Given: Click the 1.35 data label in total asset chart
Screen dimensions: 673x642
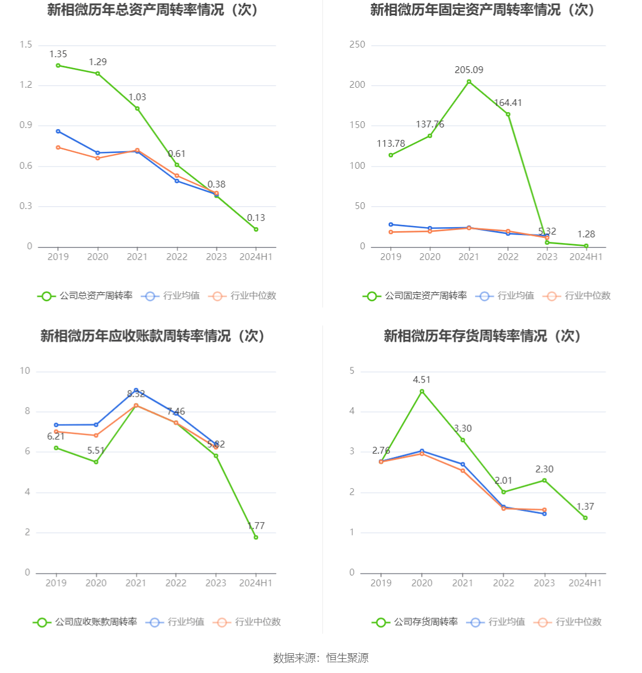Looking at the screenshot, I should [x=58, y=54].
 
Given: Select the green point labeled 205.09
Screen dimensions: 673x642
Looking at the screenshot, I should [x=469, y=82].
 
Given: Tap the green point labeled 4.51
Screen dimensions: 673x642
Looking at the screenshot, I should [x=422, y=391].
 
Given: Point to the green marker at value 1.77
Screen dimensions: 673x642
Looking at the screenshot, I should [x=256, y=537].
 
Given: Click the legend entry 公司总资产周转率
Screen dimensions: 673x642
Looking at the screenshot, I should [x=85, y=296].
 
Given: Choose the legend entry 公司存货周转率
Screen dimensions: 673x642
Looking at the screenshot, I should [x=416, y=622].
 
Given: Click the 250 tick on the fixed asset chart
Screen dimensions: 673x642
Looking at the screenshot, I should [x=357, y=45].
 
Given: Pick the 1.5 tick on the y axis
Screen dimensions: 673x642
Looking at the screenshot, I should [x=25, y=45].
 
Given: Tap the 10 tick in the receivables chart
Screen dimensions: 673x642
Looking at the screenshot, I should [x=25, y=371].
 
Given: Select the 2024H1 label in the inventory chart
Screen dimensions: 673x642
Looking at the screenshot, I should [x=585, y=583].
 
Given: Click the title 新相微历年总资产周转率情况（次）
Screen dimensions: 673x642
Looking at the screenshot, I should [x=153, y=10].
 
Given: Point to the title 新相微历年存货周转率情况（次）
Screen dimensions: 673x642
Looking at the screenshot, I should [x=482, y=336].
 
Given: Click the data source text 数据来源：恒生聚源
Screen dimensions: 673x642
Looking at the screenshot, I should [x=320, y=658].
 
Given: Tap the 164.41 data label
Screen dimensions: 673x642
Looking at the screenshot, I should [x=508, y=103].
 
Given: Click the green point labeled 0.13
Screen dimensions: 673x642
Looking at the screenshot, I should [x=256, y=229].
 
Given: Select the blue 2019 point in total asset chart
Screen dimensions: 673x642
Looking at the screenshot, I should [x=58, y=131].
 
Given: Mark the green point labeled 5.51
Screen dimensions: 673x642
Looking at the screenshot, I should [x=96, y=462].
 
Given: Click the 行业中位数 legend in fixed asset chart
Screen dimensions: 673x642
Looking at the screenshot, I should [x=577, y=296].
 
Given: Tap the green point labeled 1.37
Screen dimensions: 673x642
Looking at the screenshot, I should [x=585, y=518].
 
